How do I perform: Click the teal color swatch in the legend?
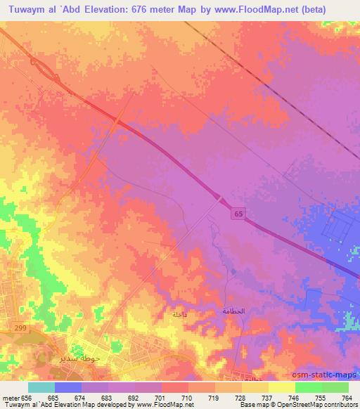42,387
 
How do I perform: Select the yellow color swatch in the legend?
281,387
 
